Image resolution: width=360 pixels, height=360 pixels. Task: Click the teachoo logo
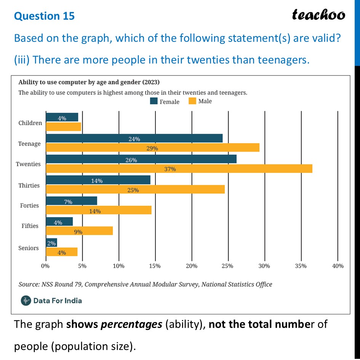coord(318,14)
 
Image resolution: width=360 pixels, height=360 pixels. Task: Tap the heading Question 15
coord(44,16)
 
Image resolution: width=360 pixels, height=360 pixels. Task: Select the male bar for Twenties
coord(179,168)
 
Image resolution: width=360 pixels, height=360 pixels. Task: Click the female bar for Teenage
coord(134,138)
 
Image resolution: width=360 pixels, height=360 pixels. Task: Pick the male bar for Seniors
coord(62,252)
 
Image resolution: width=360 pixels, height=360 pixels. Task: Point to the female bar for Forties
coord(71,201)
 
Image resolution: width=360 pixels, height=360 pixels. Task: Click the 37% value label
coord(170,169)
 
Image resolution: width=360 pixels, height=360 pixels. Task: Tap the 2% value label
coord(51,243)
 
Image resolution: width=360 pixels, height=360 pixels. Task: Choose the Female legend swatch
coord(154,101)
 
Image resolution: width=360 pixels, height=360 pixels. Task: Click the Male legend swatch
coord(192,101)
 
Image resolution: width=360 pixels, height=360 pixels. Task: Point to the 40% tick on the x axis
coord(338,266)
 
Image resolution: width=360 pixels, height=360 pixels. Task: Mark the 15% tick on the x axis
coord(155,266)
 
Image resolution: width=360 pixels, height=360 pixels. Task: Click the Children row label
coord(30,123)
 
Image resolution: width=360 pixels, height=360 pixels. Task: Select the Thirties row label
coord(29,186)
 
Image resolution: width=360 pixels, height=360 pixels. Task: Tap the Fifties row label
coord(30,226)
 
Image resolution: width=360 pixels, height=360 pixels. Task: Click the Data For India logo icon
coord(26,300)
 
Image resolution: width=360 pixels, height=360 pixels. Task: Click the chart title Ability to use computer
coord(89,82)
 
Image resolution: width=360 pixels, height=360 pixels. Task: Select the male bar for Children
coord(63,127)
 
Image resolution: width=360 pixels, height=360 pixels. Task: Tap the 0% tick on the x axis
coord(45,266)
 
